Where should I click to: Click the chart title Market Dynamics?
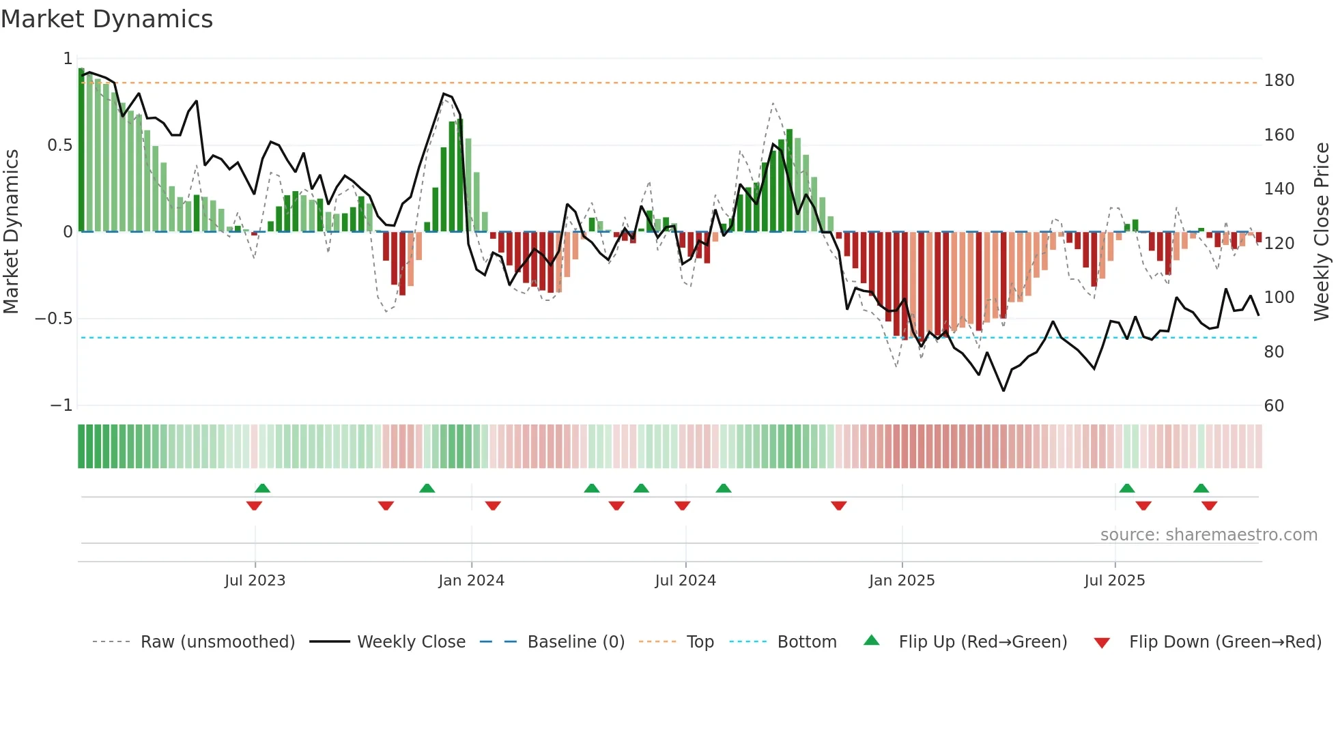pyautogui.click(x=106, y=19)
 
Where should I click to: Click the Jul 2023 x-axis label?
pyautogui.click(x=255, y=581)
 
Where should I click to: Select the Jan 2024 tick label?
pyautogui.click(x=471, y=581)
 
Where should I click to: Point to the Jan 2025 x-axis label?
pyautogui.click(x=901, y=581)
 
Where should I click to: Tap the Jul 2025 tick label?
pyautogui.click(x=1114, y=581)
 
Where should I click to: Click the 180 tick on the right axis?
pyautogui.click(x=1279, y=81)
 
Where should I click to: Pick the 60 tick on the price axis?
pyautogui.click(x=1274, y=406)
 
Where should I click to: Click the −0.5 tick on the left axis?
pyautogui.click(x=53, y=319)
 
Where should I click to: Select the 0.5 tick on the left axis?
pyautogui.click(x=59, y=145)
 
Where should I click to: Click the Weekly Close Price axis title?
pyautogui.click(x=1322, y=231)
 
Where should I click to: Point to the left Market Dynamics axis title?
pyautogui.click(x=11, y=231)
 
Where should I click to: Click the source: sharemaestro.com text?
pyautogui.click(x=1208, y=535)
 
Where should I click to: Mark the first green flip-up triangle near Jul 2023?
pyautogui.click(x=262, y=488)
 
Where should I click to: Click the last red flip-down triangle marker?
pyautogui.click(x=1209, y=506)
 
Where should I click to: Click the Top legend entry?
pyautogui.click(x=700, y=642)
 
